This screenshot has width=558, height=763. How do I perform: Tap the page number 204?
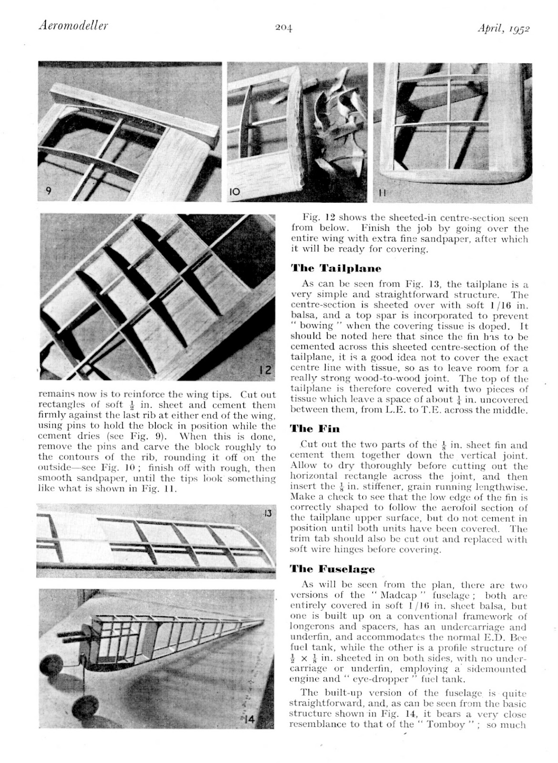coord(283,28)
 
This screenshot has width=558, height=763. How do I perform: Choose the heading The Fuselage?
coord(333,568)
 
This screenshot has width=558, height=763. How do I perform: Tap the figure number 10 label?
coord(236,192)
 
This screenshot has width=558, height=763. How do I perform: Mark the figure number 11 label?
coord(383,193)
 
